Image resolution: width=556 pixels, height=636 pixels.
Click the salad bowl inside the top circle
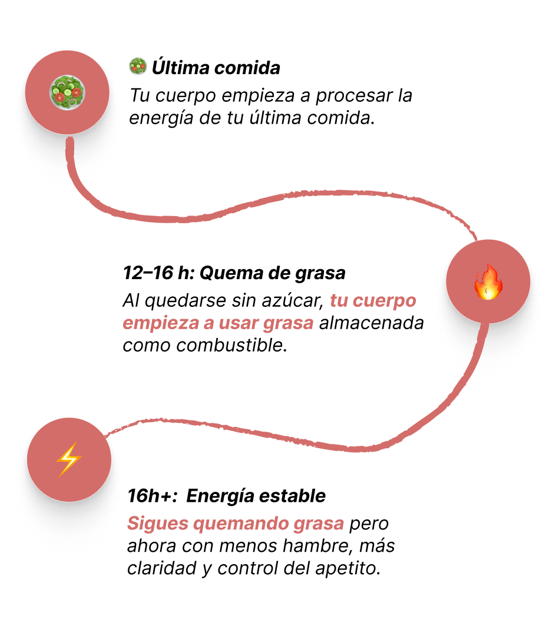(67, 92)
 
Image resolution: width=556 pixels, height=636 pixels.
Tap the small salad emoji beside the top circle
(138, 66)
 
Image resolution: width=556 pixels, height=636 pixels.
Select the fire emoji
(488, 282)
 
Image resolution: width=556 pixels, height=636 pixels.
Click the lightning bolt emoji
(68, 459)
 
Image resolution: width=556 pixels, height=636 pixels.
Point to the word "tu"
(339, 301)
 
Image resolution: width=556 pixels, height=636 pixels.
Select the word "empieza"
(159, 324)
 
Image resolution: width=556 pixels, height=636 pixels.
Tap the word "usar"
(239, 323)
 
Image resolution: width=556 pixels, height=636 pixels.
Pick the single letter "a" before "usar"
(208, 324)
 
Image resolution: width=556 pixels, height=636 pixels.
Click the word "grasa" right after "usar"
(289, 324)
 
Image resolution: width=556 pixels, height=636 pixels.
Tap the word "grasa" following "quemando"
(318, 524)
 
